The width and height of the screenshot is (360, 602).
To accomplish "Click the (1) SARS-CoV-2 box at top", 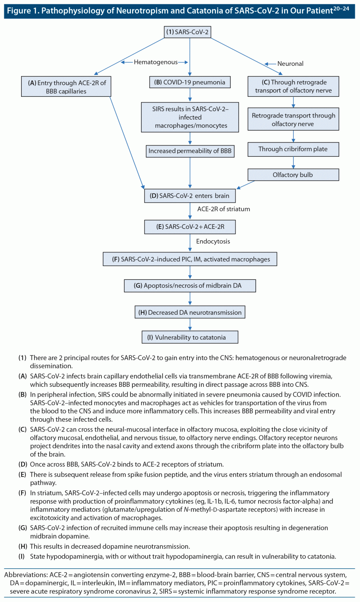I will (187, 32).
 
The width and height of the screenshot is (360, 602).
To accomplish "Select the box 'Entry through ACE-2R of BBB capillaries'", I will (66, 87).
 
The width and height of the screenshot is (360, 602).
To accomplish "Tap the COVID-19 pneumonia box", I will (190, 82).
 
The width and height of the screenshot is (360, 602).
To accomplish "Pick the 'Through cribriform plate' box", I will (293, 149).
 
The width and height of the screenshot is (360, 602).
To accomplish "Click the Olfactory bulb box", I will (293, 175).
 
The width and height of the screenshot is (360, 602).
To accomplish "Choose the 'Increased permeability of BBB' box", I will (190, 151).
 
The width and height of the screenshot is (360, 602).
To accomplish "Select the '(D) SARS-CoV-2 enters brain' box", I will (190, 196).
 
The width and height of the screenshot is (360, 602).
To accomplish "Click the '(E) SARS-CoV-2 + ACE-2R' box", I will (190, 227).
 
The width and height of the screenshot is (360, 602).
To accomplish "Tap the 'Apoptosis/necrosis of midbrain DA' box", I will (190, 286).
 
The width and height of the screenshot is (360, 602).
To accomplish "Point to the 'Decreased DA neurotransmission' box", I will (190, 312).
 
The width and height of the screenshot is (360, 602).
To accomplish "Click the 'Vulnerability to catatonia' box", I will (190, 337).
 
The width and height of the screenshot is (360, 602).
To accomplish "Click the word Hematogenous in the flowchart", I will (156, 62).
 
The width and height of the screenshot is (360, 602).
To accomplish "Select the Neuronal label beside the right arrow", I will (290, 63).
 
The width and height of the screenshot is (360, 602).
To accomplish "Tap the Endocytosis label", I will (213, 241).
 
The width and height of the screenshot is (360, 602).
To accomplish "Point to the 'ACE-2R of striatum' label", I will (223, 209).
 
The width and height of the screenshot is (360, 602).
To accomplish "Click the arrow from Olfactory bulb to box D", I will (246, 185).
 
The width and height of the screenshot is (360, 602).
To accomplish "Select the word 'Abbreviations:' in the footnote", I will (26, 575).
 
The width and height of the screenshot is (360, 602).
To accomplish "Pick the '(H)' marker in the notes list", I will (22, 546).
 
